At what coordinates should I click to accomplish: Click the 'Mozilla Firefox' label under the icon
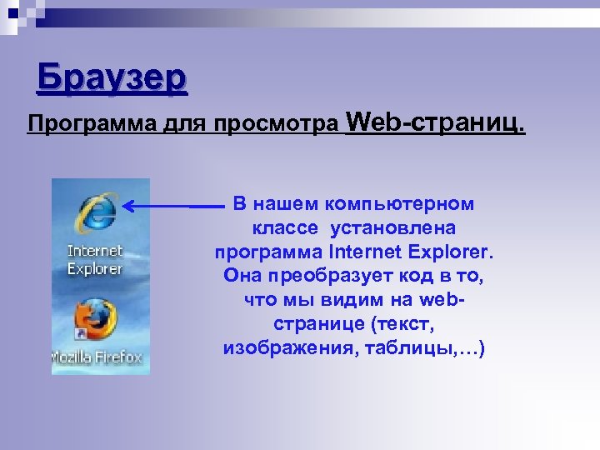(97, 357)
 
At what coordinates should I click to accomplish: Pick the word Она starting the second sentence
(243, 275)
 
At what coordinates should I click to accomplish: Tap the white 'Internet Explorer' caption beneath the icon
(95, 259)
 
